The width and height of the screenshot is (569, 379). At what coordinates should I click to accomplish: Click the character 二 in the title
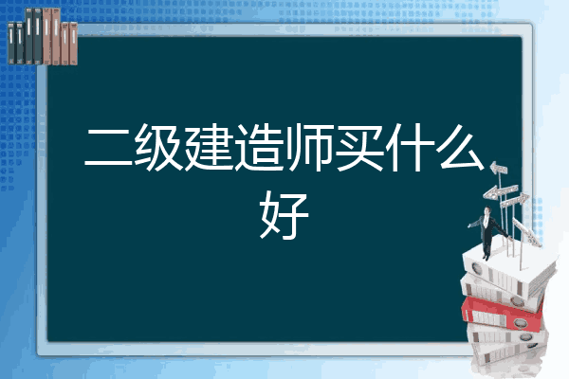tap(109, 148)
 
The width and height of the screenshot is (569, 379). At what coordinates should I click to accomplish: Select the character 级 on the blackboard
tap(158, 147)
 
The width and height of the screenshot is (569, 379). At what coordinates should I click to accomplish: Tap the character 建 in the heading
tap(209, 147)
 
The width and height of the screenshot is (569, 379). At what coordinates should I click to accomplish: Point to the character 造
tap(259, 147)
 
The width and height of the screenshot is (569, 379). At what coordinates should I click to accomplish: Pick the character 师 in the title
tap(309, 147)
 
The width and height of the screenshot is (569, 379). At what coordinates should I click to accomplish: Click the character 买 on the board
tap(359, 147)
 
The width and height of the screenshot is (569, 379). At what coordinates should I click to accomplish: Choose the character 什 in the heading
tap(410, 147)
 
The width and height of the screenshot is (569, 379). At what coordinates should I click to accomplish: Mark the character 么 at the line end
tap(461, 147)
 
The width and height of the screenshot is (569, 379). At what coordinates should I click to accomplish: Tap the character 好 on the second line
tap(284, 215)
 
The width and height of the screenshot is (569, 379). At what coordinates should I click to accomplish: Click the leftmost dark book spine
tap(11, 44)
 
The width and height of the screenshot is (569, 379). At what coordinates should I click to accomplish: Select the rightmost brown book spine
tap(73, 44)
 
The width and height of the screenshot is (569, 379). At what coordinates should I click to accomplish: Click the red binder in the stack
tap(502, 314)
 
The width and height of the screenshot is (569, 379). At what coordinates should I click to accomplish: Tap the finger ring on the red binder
tap(521, 322)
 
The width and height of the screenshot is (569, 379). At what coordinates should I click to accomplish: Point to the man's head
tap(487, 210)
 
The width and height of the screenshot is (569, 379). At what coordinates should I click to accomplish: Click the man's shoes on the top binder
tap(486, 257)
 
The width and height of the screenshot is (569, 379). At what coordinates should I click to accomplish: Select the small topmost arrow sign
tap(499, 169)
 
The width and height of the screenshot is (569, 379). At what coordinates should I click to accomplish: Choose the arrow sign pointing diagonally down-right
tap(527, 232)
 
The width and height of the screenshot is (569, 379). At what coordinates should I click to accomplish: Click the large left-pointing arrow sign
tap(501, 191)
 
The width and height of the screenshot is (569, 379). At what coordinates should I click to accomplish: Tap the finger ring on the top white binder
tap(476, 269)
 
